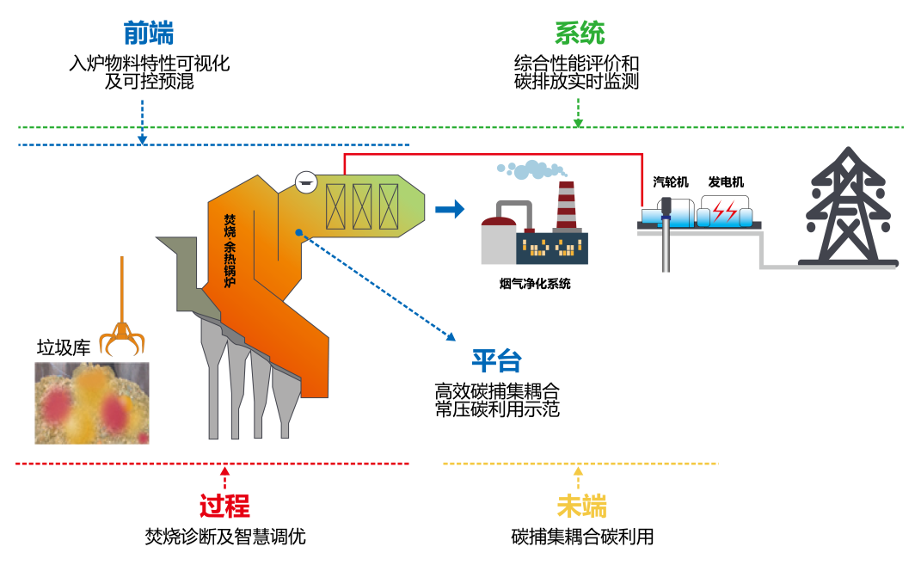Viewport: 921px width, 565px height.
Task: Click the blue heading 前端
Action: tap(149, 34)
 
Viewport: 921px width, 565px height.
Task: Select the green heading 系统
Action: tap(579, 34)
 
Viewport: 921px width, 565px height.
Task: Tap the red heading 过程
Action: tap(224, 507)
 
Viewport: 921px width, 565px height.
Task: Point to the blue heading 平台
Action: tap(496, 362)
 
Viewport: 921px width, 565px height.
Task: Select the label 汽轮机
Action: tap(671, 182)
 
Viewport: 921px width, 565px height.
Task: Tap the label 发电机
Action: tap(726, 182)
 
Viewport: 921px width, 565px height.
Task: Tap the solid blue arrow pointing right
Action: tap(449, 209)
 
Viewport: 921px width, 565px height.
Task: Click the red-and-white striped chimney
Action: tap(565, 206)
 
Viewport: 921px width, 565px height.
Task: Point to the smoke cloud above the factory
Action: tap(531, 169)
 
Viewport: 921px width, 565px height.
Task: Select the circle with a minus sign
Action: tap(304, 181)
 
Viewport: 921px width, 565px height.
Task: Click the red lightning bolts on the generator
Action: tap(723, 211)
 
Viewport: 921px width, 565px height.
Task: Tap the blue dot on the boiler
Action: tap(298, 232)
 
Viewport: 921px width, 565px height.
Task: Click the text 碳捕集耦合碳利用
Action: tap(582, 537)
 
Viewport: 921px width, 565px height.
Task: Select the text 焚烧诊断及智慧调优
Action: tap(225, 537)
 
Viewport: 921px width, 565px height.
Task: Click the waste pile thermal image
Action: tap(91, 402)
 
